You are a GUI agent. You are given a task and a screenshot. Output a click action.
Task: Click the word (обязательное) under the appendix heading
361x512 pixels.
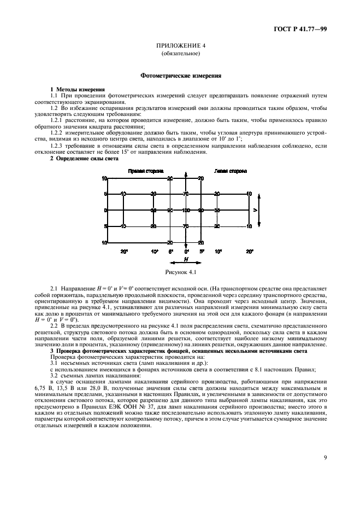(x=180, y=54)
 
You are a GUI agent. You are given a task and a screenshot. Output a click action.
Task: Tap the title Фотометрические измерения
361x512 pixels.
(x=180, y=76)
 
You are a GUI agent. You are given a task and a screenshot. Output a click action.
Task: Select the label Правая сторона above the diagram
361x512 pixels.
(x=146, y=171)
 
